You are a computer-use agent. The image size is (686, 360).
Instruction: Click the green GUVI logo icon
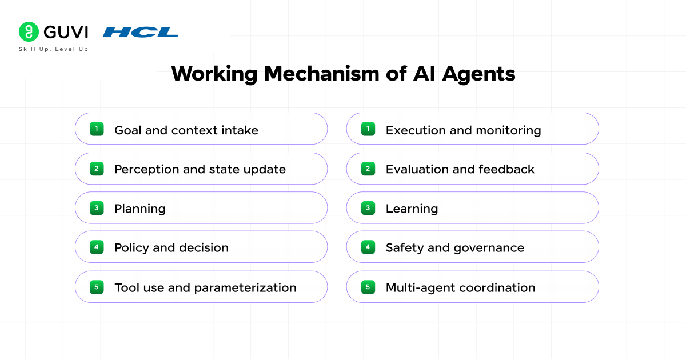28,32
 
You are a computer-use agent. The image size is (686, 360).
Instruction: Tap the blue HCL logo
141,32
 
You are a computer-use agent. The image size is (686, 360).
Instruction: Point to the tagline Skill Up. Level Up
53,49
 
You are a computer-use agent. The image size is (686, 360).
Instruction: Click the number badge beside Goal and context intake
97,129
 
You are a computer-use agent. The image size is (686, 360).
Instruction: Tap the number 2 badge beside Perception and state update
97,169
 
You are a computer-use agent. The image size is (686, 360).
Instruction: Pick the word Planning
140,209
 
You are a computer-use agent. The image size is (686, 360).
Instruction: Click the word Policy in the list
131,247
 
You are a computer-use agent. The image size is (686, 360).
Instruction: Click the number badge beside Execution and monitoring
368,129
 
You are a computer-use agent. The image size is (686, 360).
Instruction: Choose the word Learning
412,209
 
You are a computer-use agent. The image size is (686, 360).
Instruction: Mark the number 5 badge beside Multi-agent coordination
368,287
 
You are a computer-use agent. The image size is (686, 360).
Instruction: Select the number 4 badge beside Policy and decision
97,247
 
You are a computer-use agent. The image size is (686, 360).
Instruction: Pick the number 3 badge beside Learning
368,209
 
